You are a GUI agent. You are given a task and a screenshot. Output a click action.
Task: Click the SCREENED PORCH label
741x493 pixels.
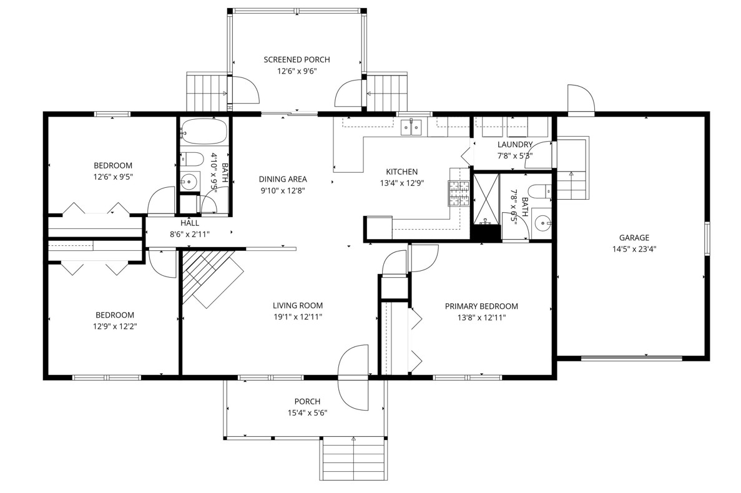[x=297, y=59]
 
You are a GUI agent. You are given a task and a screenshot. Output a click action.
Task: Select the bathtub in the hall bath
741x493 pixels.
[x=204, y=132]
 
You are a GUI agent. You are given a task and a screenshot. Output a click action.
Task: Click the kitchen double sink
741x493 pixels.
[x=411, y=127]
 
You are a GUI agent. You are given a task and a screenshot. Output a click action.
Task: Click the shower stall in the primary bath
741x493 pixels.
[x=486, y=198]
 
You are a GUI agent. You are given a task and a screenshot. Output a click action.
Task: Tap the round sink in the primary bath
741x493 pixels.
[x=542, y=223]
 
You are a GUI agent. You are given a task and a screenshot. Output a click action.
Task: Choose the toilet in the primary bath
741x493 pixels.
[x=539, y=191]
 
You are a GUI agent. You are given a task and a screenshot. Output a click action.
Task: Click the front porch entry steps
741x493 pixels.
[x=353, y=459]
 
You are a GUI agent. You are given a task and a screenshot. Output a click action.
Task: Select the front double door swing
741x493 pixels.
[x=353, y=378]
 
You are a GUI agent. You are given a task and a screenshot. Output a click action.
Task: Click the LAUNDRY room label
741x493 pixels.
[x=515, y=145]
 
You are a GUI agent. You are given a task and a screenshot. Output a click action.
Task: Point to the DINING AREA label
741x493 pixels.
[x=283, y=179]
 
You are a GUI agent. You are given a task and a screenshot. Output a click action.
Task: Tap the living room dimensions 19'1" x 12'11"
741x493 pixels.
[x=298, y=317]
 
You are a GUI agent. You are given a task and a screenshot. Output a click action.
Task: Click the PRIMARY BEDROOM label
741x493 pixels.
[x=481, y=306]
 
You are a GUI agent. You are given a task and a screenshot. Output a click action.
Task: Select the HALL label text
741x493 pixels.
[x=190, y=223]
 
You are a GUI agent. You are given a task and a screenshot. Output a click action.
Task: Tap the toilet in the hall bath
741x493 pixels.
[x=192, y=159]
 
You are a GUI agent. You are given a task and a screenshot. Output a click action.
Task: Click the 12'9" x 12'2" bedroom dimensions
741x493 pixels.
[x=115, y=326]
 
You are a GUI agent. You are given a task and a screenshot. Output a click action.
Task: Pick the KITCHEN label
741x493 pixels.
[x=401, y=172]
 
